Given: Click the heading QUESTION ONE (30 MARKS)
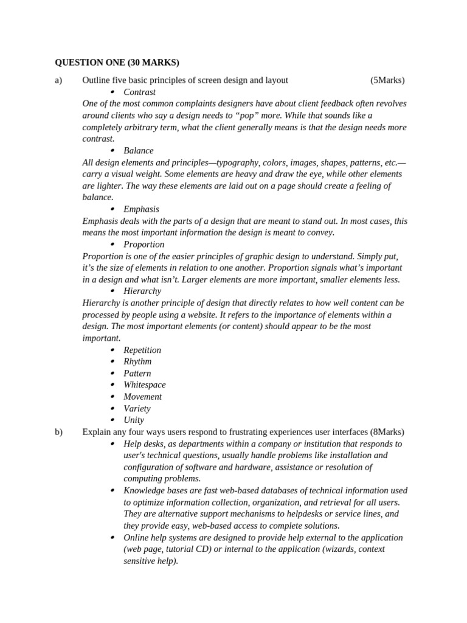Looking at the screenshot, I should tap(117, 62).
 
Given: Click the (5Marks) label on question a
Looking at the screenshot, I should tap(387, 80).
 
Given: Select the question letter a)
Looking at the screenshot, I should tap(59, 80).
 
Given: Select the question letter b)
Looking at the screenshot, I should tap(59, 432).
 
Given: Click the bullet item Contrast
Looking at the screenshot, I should tap(139, 92).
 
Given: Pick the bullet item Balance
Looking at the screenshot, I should tap(138, 150).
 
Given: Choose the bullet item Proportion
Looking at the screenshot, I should tap(144, 244).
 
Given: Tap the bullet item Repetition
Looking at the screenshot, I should tap(142, 350).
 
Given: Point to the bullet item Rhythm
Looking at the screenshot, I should tap(137, 361).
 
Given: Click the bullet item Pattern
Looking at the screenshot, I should tap(137, 373).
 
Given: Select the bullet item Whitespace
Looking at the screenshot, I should tap(144, 385).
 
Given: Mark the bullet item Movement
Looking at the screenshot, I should tap(142, 397).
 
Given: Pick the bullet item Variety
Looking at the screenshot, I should tap(137, 408).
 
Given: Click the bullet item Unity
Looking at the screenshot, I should tap(134, 420).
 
